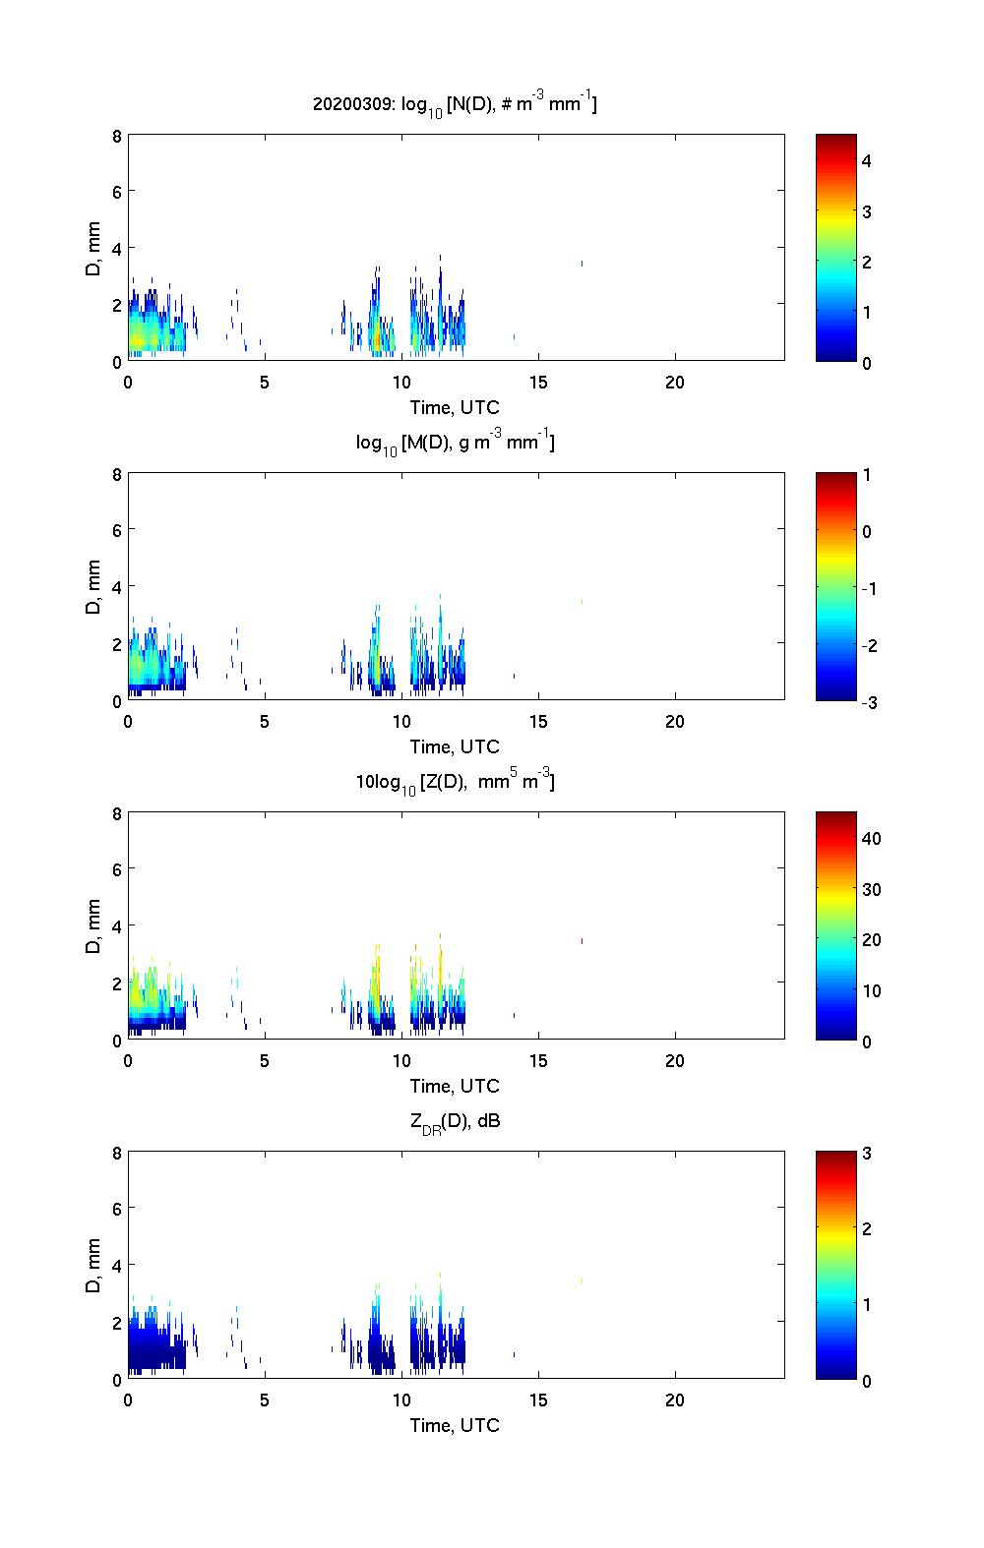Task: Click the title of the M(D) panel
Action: tap(455, 443)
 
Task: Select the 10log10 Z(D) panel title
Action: tap(455, 782)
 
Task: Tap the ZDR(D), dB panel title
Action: tap(455, 1121)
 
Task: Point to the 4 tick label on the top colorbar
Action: tap(867, 160)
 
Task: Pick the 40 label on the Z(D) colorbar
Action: tap(871, 839)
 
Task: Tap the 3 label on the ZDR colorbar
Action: tap(867, 1154)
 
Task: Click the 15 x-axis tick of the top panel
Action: tap(538, 383)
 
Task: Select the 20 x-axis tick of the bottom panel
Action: tap(675, 1400)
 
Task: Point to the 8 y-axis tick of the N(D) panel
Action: tap(117, 136)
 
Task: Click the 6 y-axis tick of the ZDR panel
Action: tap(117, 1209)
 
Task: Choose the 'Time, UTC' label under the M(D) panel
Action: tap(455, 746)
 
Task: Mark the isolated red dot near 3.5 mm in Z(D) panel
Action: tap(583, 941)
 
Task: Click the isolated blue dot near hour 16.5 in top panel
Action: tap(583, 263)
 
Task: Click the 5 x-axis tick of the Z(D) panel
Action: tap(265, 1061)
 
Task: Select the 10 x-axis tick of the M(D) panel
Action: tap(401, 722)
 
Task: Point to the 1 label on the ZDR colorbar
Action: tap(867, 1305)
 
